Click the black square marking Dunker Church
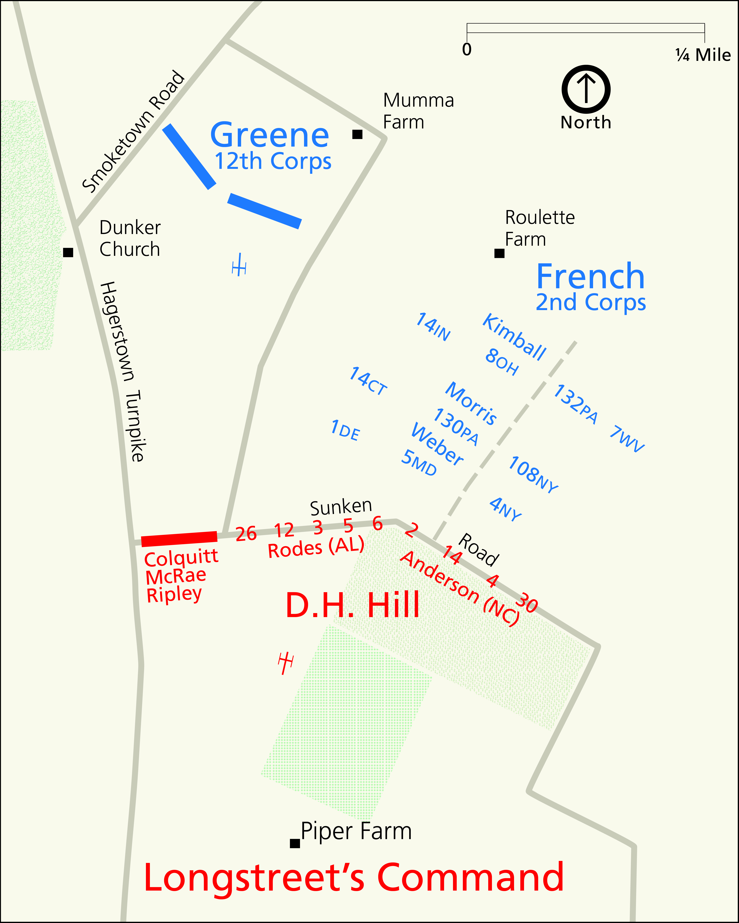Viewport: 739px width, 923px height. [x=68, y=253]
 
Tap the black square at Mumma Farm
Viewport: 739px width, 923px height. [x=357, y=134]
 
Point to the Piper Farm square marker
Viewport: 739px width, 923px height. [x=295, y=843]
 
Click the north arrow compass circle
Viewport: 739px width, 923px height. [x=586, y=89]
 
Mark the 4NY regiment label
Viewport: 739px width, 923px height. [x=506, y=509]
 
